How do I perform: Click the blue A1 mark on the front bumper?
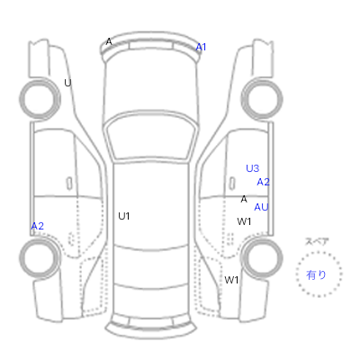[201, 47]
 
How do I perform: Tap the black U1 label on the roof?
[123, 216]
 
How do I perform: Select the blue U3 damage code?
[252, 168]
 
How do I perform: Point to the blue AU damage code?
[261, 207]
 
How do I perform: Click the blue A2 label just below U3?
[263, 182]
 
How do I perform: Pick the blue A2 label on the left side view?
[38, 226]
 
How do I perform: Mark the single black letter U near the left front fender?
[67, 83]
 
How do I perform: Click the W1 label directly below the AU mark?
[244, 221]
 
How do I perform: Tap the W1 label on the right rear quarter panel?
[231, 280]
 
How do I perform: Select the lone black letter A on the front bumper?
[109, 41]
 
